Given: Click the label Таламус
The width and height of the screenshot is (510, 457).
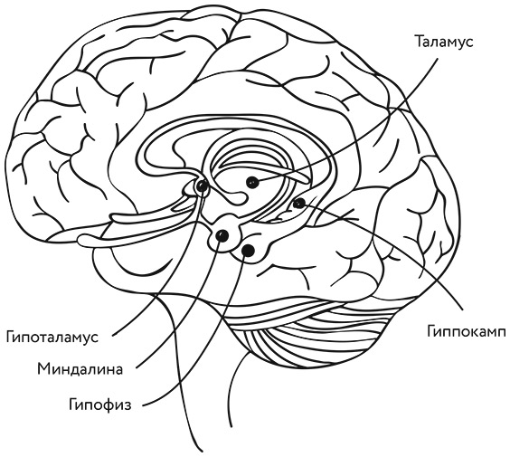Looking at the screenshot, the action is click(444, 42).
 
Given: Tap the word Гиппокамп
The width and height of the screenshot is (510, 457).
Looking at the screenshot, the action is click(467, 333).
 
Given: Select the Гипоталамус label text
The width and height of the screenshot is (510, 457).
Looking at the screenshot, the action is click(52, 338).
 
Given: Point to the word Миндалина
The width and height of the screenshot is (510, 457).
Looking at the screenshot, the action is click(80, 369).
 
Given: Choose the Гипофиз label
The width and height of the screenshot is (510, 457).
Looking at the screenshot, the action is click(99, 405).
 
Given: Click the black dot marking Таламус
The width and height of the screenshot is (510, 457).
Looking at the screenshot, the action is click(252, 182).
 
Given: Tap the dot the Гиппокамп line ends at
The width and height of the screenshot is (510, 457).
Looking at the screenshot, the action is click(299, 204).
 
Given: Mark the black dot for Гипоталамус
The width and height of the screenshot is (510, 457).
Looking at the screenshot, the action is click(202, 186).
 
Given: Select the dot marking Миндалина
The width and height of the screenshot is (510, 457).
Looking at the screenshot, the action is click(222, 235).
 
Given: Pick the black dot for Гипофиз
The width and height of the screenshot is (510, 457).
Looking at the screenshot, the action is click(249, 250).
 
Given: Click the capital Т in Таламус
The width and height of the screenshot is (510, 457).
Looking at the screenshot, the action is click(420, 42).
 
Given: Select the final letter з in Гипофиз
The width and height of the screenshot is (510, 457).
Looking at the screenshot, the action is click(127, 405).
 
